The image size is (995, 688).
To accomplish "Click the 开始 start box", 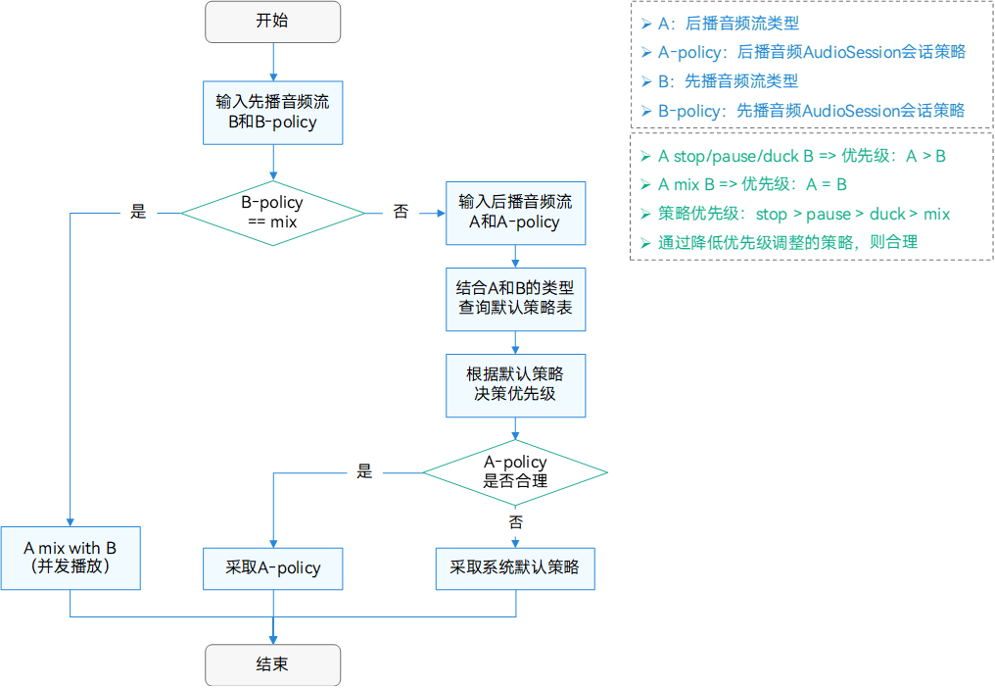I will tap(272, 22).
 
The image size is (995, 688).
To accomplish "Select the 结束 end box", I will tap(272, 664).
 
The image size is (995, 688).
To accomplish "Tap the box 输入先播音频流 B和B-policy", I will tap(272, 113).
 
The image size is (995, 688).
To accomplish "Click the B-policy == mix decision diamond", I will tap(272, 213).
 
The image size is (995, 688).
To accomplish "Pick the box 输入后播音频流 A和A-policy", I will tap(515, 213).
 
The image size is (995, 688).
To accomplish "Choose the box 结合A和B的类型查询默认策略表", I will tap(515, 298).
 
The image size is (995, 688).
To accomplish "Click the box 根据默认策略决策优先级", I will tap(515, 384).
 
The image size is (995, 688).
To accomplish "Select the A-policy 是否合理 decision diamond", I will tap(515, 471).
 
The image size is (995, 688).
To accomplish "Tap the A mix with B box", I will tap(71, 558).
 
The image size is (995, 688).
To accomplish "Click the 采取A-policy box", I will tap(272, 567).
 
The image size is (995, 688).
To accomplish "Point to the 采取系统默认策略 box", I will tap(515, 567).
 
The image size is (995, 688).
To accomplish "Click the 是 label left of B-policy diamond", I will tap(138, 212).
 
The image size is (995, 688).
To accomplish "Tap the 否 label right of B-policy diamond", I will tap(401, 212).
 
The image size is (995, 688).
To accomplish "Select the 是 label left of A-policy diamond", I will tap(364, 471).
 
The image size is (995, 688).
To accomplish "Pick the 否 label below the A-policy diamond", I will tap(515, 520).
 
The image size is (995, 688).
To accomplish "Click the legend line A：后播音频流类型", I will tap(729, 23).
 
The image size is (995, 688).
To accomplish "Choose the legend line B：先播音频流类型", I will tap(729, 80).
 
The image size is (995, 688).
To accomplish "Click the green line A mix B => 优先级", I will tap(752, 184).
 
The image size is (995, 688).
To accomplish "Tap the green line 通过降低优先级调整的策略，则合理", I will tap(787, 242).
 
